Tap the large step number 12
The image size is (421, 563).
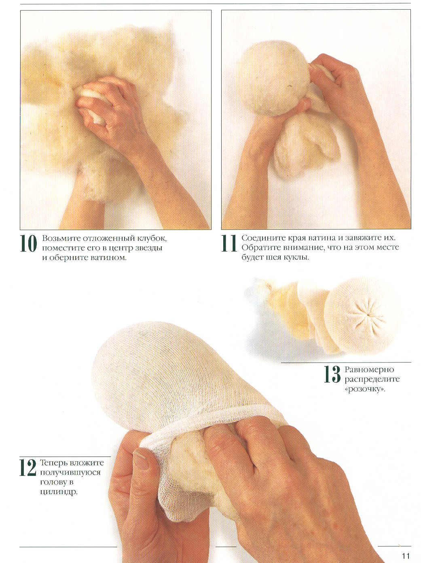28,467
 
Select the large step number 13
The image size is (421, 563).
332,374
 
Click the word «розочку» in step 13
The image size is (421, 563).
365,390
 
